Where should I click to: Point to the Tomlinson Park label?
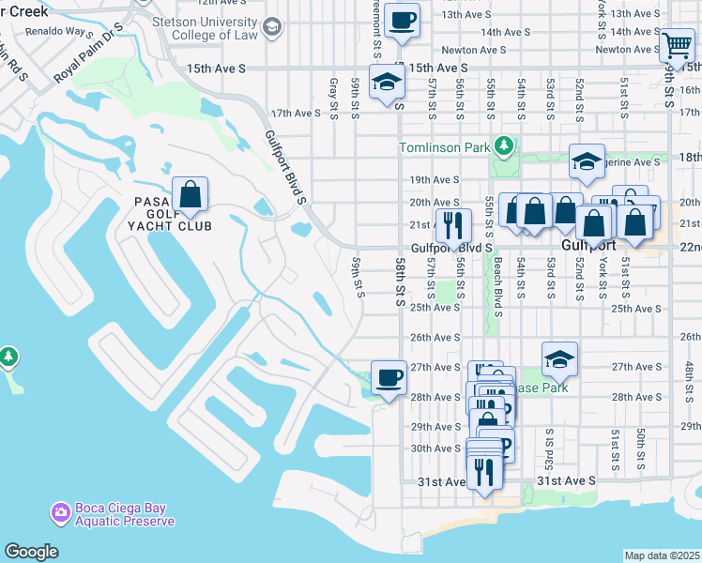pos(445,147)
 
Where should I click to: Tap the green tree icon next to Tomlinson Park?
pos(504,146)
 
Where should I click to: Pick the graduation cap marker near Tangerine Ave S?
pos(587,163)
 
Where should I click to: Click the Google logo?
pos(31,552)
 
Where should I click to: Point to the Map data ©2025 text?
pos(663,555)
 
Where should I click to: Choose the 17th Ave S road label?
pos(296,114)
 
